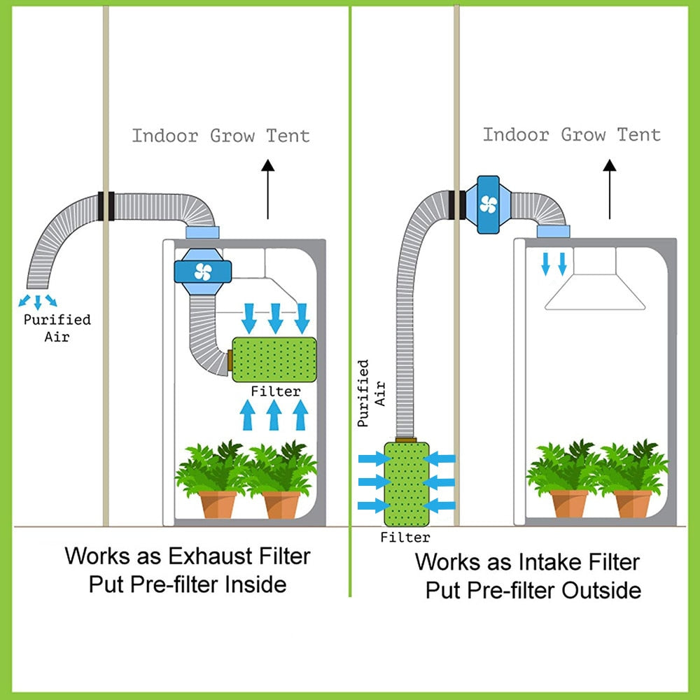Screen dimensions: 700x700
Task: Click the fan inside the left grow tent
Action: coord(202,271)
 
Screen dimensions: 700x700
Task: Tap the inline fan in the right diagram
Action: coord(489,204)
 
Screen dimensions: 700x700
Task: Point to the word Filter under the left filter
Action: coord(276,391)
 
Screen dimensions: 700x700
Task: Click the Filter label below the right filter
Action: coord(405,538)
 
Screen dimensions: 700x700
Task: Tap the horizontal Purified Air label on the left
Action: coord(57,328)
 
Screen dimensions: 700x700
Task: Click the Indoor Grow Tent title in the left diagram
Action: coord(220,135)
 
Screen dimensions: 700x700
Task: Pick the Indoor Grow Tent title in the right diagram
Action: coord(571,134)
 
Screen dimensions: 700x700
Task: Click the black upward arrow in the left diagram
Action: coord(267,189)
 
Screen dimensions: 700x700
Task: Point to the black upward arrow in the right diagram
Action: coord(609,189)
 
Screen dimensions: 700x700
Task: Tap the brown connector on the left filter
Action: coord(230,360)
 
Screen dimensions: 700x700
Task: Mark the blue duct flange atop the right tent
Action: coord(552,231)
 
